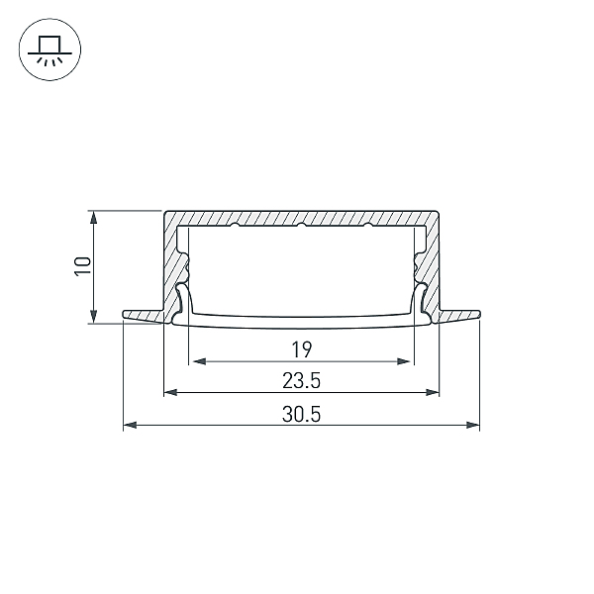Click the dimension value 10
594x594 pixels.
83,266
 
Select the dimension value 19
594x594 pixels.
302,349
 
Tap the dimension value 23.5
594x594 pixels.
302,381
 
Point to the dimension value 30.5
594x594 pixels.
302,414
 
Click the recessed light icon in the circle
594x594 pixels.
45,50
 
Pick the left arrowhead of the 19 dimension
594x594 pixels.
199,361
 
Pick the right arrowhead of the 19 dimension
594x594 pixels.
404,361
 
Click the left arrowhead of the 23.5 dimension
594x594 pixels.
170,392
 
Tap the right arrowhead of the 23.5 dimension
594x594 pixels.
433,392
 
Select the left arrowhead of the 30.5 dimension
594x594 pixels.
130,425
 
